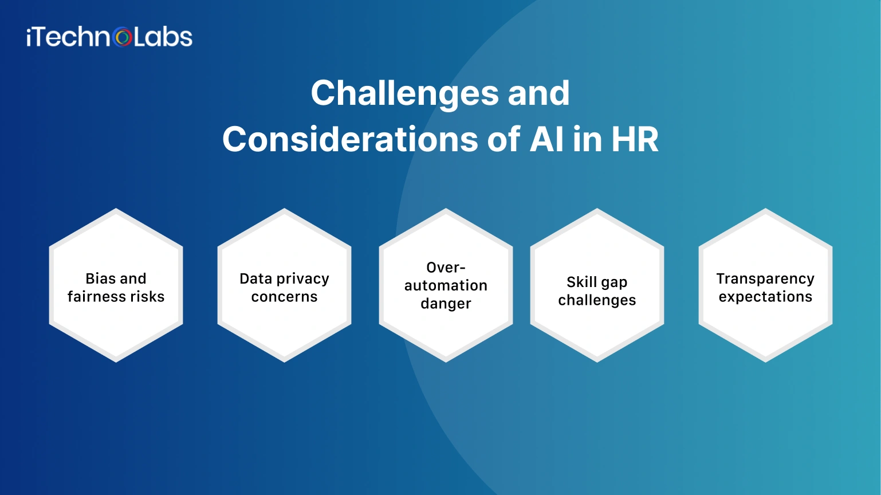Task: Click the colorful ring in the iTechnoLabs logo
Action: coord(123,38)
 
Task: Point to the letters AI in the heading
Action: coord(546,139)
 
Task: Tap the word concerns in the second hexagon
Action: coord(284,297)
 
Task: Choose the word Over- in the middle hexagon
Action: coord(446,268)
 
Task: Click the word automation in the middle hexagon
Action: coord(446,285)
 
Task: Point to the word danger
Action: coord(446,304)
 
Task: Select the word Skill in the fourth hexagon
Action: coord(582,282)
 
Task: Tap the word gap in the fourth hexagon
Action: coord(614,283)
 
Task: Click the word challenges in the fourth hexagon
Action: coord(597,300)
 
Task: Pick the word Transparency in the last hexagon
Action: coord(765,279)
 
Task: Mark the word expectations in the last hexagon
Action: coord(765,297)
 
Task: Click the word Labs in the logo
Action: coord(163,37)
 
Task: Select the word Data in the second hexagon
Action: coord(255,278)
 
